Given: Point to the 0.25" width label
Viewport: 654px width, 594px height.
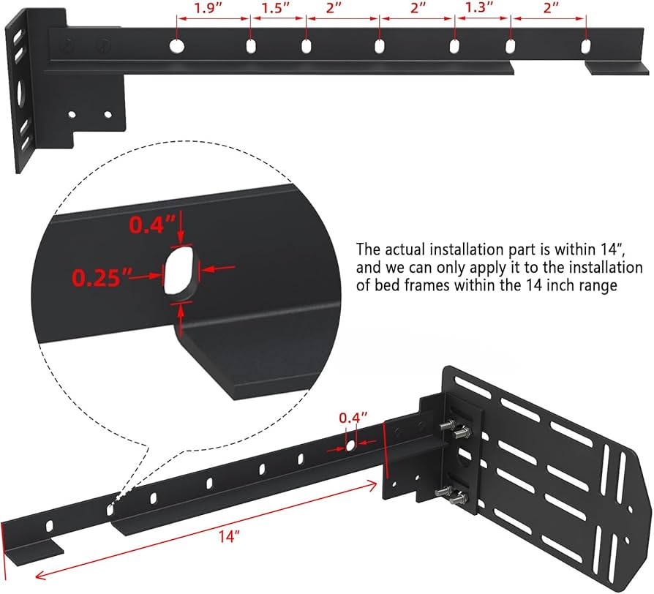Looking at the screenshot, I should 102,277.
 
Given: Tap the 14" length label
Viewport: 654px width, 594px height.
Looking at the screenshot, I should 229,536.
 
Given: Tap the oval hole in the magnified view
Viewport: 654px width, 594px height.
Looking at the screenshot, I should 180,273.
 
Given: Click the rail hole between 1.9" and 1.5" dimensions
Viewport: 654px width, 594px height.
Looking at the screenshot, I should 251,47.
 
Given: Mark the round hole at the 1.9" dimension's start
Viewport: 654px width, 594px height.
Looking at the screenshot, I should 177,46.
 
